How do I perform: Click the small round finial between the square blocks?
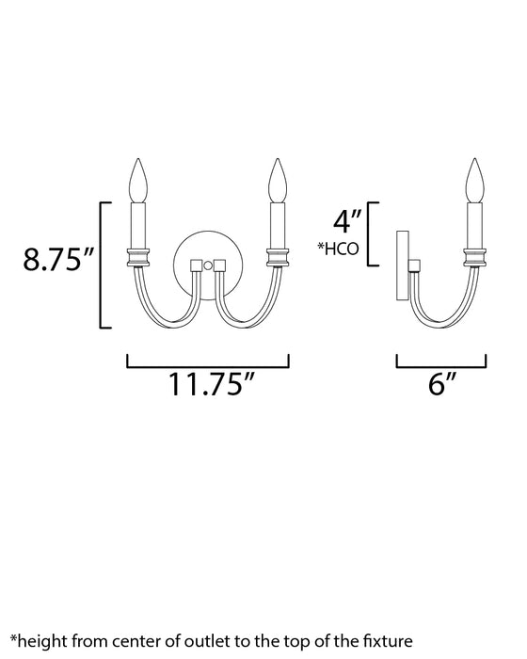(208, 266)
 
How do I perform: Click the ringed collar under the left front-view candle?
(139, 254)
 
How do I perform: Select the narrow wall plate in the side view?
(401, 264)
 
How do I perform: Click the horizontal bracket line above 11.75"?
(207, 364)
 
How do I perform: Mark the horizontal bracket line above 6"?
(441, 364)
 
